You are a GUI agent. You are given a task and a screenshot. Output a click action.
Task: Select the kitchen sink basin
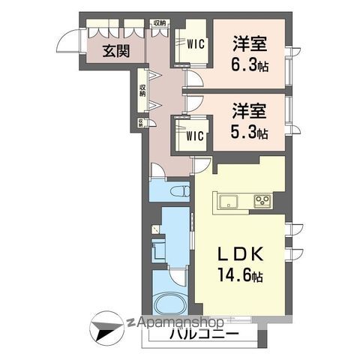coord(228,201)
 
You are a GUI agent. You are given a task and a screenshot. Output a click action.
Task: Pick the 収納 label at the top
coord(159,23)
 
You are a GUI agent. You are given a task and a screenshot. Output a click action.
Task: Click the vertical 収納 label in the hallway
coord(142,90)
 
